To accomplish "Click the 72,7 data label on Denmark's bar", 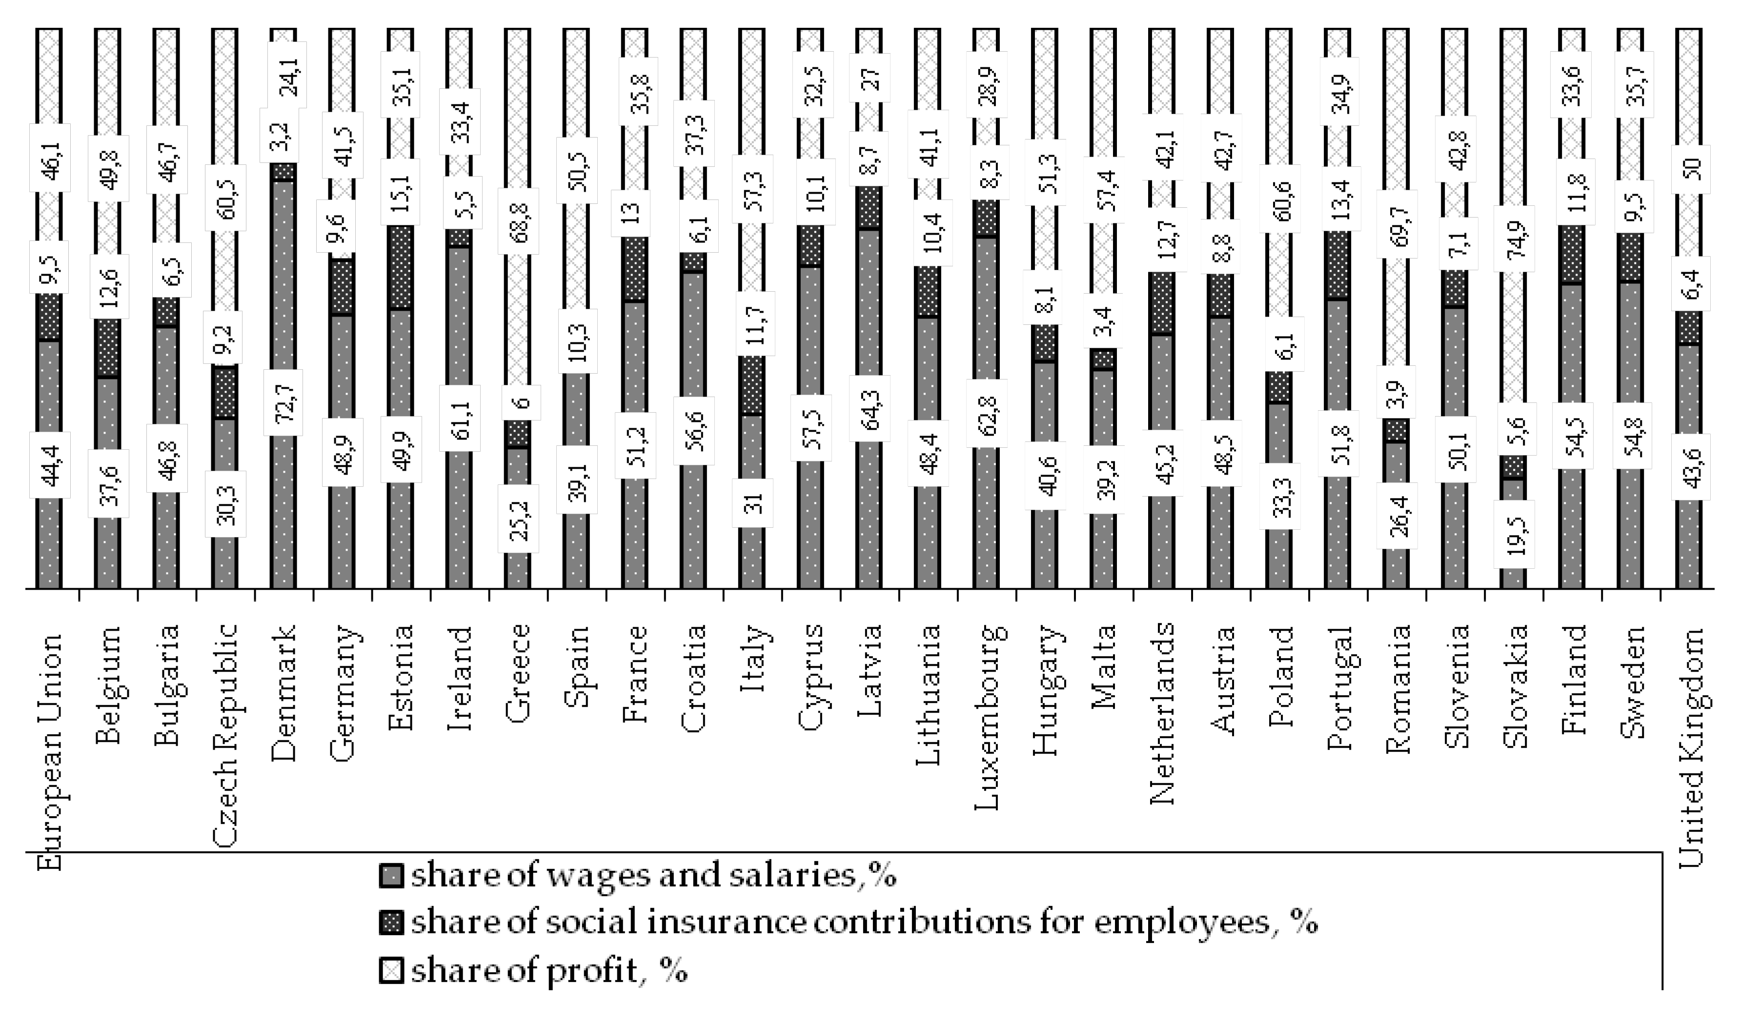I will pos(285,402).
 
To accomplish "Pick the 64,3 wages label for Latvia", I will pos(869,408).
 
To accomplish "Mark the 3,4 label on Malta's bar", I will pos(1102,320).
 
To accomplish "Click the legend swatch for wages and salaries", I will pos(391,877).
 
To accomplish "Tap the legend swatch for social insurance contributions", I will pos(391,924).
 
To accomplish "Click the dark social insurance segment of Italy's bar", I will pos(752,385).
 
